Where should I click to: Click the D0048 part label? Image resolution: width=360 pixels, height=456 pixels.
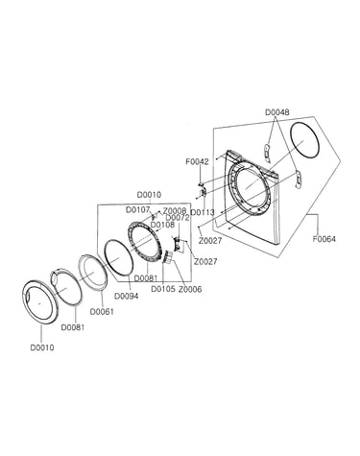(x=277, y=112)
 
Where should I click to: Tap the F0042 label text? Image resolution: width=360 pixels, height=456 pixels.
(x=197, y=161)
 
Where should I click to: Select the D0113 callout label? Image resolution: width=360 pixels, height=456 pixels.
(x=203, y=212)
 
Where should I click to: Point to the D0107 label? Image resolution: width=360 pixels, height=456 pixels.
(x=137, y=210)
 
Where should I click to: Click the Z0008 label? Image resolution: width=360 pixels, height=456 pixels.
(x=175, y=211)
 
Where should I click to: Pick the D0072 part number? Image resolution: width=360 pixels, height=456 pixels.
(x=178, y=218)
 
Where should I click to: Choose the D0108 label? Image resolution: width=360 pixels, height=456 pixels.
(x=162, y=225)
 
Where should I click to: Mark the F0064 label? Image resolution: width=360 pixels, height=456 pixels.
(x=324, y=239)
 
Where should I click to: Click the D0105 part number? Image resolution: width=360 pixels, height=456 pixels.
(x=163, y=289)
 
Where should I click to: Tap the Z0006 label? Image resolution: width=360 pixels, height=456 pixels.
(x=190, y=289)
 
